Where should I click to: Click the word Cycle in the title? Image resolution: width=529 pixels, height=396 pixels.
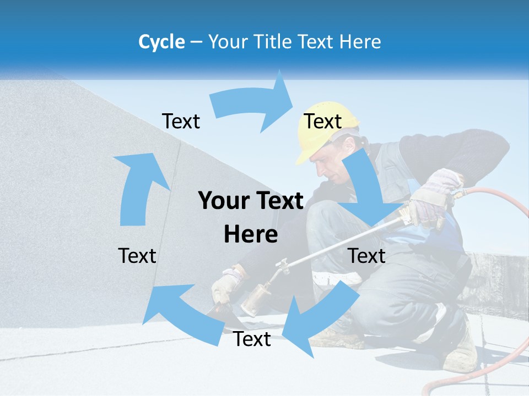(x=161, y=42)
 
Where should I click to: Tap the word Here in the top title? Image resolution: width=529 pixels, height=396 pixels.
(x=359, y=42)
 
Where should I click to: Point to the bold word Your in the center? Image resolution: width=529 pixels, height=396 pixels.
(x=225, y=201)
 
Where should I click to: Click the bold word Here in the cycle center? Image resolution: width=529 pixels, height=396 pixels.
(x=251, y=234)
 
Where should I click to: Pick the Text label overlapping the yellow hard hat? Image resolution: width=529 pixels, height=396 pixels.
(x=323, y=121)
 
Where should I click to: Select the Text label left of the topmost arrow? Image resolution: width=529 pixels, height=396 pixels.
(x=181, y=121)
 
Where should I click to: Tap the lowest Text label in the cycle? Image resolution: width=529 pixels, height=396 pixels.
(x=252, y=339)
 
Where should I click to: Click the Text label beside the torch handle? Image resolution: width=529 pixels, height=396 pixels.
(x=366, y=256)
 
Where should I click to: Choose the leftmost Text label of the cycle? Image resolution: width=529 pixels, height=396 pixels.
(x=137, y=256)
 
